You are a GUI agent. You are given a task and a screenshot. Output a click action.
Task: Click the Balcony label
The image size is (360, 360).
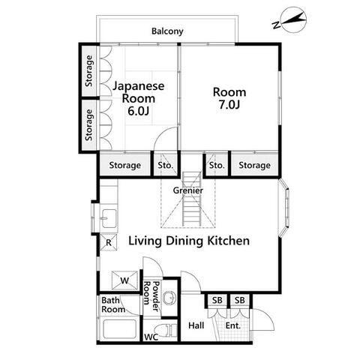pos(167,31)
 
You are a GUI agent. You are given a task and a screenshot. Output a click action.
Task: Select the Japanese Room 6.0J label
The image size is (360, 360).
pos(139,98)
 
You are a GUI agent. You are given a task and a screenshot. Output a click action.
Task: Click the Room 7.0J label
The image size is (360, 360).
pos(229,98)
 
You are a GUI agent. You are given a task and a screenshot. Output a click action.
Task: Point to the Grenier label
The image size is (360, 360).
pos(188,190)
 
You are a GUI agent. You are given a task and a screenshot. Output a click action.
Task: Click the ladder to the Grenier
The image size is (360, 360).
pos(191,199)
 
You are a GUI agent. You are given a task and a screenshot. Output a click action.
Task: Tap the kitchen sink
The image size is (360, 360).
pos(109,218)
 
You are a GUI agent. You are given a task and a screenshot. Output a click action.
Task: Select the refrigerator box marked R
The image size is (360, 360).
pos(109,242)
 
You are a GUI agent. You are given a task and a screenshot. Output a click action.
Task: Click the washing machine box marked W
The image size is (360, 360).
pos(124,280)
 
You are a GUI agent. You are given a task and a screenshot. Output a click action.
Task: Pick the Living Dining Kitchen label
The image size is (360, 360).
pos(189,241)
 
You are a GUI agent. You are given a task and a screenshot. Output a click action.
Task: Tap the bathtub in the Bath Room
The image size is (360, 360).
pos(119,328)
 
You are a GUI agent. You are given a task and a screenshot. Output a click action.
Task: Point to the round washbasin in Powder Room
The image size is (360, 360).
pos(169,298)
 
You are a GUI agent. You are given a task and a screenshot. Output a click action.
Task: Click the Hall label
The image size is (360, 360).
pos(196,325)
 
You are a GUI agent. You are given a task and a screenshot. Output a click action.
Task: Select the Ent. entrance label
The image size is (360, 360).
pos(233,325)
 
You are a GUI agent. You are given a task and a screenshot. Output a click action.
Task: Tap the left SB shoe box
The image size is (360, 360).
pos(217,300)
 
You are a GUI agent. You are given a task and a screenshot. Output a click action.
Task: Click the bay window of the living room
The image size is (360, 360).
pos(284,207)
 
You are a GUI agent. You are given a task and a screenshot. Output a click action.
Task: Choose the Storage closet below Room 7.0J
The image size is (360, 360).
pos(254,165)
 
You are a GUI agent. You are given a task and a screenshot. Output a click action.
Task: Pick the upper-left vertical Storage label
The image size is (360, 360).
pos(89,71)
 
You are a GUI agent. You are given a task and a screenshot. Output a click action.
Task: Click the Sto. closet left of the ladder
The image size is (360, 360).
pos(165,165)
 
